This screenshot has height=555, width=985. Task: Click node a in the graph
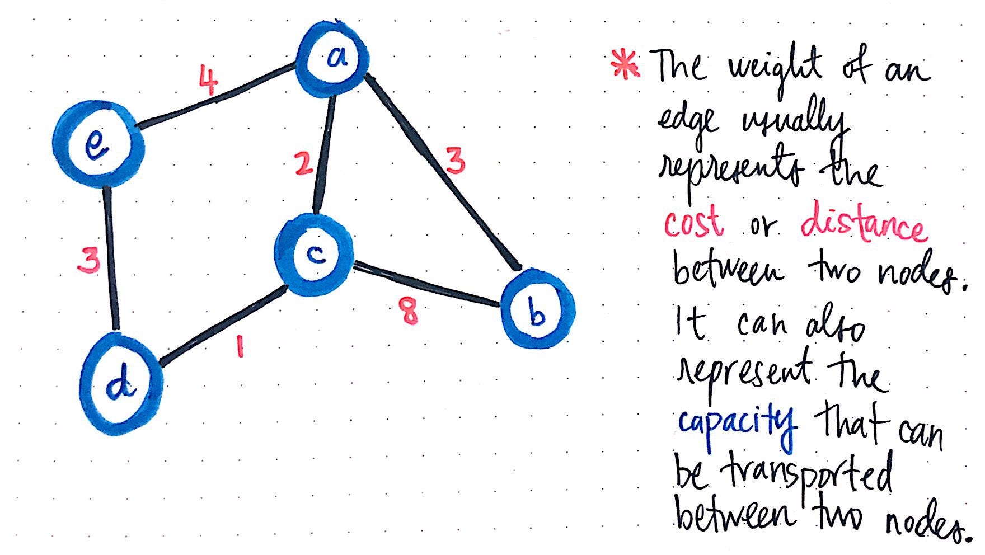pyautogui.click(x=334, y=59)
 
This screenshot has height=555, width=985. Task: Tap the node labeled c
pyautogui.click(x=315, y=255)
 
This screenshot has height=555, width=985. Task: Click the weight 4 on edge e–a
pyautogui.click(x=208, y=82)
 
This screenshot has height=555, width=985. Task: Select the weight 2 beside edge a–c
pyautogui.click(x=303, y=164)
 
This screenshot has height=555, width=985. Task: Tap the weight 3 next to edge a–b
pyautogui.click(x=456, y=162)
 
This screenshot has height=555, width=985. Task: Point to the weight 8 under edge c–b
pyautogui.click(x=409, y=311)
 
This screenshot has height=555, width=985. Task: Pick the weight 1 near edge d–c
pyautogui.click(x=240, y=346)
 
